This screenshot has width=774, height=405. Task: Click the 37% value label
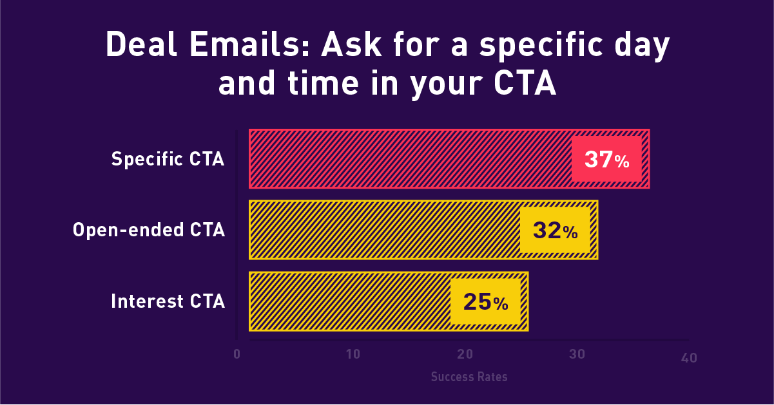pyautogui.click(x=606, y=159)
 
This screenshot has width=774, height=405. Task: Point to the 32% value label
pyautogui.click(x=555, y=230)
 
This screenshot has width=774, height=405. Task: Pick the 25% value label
pyautogui.click(x=485, y=301)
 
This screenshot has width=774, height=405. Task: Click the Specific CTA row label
pyautogui.click(x=168, y=159)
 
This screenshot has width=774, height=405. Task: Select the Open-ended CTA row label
pyautogui.click(x=149, y=230)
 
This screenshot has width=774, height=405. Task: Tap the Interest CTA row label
pyautogui.click(x=168, y=301)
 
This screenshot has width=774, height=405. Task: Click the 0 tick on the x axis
pyautogui.click(x=237, y=355)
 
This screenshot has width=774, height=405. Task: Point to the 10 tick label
pyautogui.click(x=353, y=355)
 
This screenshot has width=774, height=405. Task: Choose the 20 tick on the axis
pyautogui.click(x=465, y=355)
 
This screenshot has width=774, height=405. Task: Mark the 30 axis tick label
pyautogui.click(x=577, y=355)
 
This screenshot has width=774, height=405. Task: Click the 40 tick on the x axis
pyautogui.click(x=689, y=357)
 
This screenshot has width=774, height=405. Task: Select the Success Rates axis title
pyautogui.click(x=469, y=377)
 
